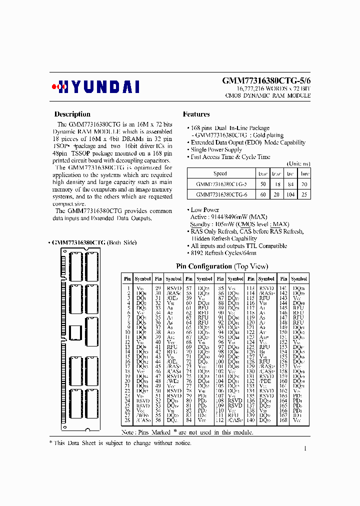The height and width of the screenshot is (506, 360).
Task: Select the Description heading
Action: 72,114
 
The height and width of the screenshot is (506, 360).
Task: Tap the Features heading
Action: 196,114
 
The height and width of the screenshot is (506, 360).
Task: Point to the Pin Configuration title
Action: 221,266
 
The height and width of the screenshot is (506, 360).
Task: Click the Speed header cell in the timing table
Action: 220,173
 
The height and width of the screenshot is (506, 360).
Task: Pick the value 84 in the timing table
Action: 290,184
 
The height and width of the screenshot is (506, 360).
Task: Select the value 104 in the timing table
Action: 290,194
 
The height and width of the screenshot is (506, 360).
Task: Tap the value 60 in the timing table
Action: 262,194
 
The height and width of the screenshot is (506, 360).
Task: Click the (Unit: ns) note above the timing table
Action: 298,163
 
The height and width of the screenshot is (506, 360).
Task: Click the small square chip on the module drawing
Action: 76,332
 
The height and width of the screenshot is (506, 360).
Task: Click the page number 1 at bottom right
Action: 305,448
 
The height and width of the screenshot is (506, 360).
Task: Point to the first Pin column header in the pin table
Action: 127,278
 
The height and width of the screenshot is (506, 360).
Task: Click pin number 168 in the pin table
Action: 283,421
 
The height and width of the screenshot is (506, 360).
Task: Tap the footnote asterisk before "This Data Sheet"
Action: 50,443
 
